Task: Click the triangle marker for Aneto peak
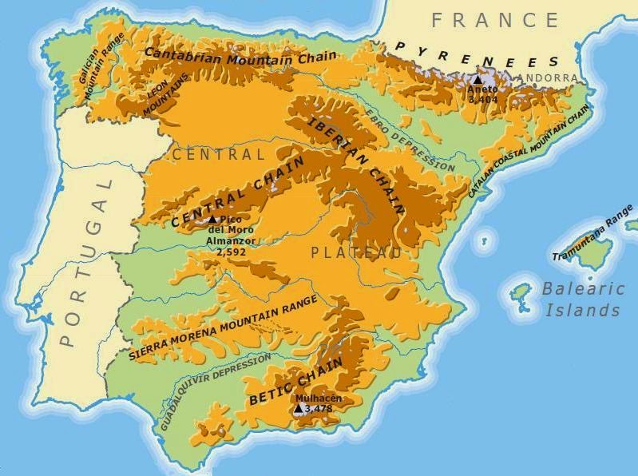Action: pyautogui.click(x=478, y=80)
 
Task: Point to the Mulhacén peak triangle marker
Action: pyautogui.click(x=299, y=408)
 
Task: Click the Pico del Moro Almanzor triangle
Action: pyautogui.click(x=212, y=219)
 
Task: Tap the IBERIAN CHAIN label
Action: pyautogui.click(x=355, y=164)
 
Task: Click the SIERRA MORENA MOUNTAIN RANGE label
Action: pyautogui.click(x=223, y=327)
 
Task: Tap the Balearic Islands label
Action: pyautogui.click(x=582, y=300)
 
